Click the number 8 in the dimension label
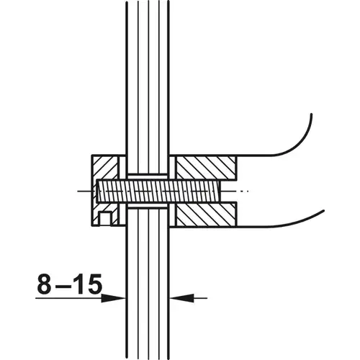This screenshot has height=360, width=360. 45,284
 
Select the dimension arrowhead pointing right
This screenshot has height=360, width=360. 113,298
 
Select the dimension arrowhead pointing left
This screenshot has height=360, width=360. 181,298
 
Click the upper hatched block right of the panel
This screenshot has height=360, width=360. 206,168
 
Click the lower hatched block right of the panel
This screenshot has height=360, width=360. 206,214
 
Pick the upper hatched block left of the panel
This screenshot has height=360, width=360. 105,168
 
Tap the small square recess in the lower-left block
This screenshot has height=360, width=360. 105,219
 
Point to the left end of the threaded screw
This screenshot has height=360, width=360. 97,191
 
